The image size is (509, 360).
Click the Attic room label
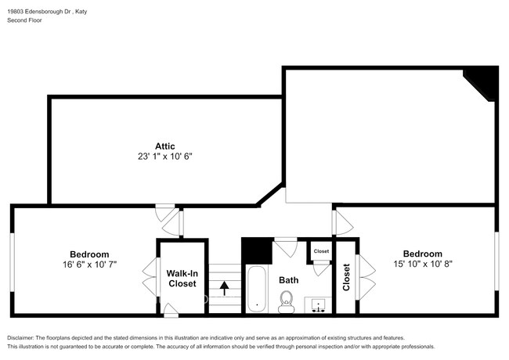coord(164,146)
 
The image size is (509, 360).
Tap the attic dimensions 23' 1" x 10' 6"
coord(164,157)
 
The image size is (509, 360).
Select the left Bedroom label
coord(89,254)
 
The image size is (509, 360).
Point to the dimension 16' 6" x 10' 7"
coord(89,265)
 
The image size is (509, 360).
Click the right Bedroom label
coord(422,254)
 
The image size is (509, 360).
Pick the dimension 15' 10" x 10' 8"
coord(422,265)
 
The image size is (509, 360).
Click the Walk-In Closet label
coord(182,279)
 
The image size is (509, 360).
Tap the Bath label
coord(289,279)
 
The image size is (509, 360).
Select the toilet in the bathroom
coord(287,299)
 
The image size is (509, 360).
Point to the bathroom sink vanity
coord(319,304)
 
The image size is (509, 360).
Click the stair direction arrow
coord(224,288)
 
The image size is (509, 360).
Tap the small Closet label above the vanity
coord(321,251)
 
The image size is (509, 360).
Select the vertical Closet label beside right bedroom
coord(347,277)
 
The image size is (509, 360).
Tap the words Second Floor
coord(26,21)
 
